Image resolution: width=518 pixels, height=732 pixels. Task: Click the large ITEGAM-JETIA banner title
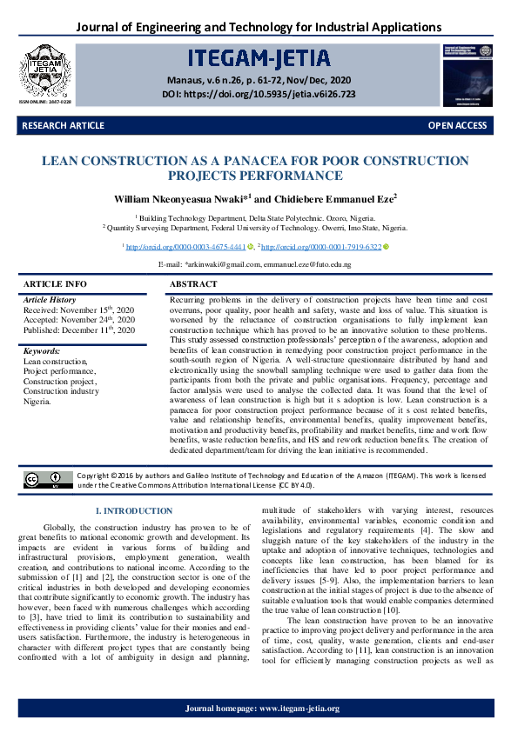(x=259, y=57)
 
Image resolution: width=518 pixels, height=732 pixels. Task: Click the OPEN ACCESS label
(x=457, y=126)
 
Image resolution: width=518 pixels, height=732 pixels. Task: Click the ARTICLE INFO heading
(x=55, y=284)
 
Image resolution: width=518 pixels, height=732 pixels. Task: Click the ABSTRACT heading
(x=193, y=284)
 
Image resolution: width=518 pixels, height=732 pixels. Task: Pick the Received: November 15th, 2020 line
(x=78, y=309)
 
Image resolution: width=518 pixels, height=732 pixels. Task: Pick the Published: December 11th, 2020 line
(x=78, y=330)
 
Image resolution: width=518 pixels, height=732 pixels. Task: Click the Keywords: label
(x=42, y=350)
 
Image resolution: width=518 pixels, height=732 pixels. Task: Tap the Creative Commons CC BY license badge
(x=49, y=479)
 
